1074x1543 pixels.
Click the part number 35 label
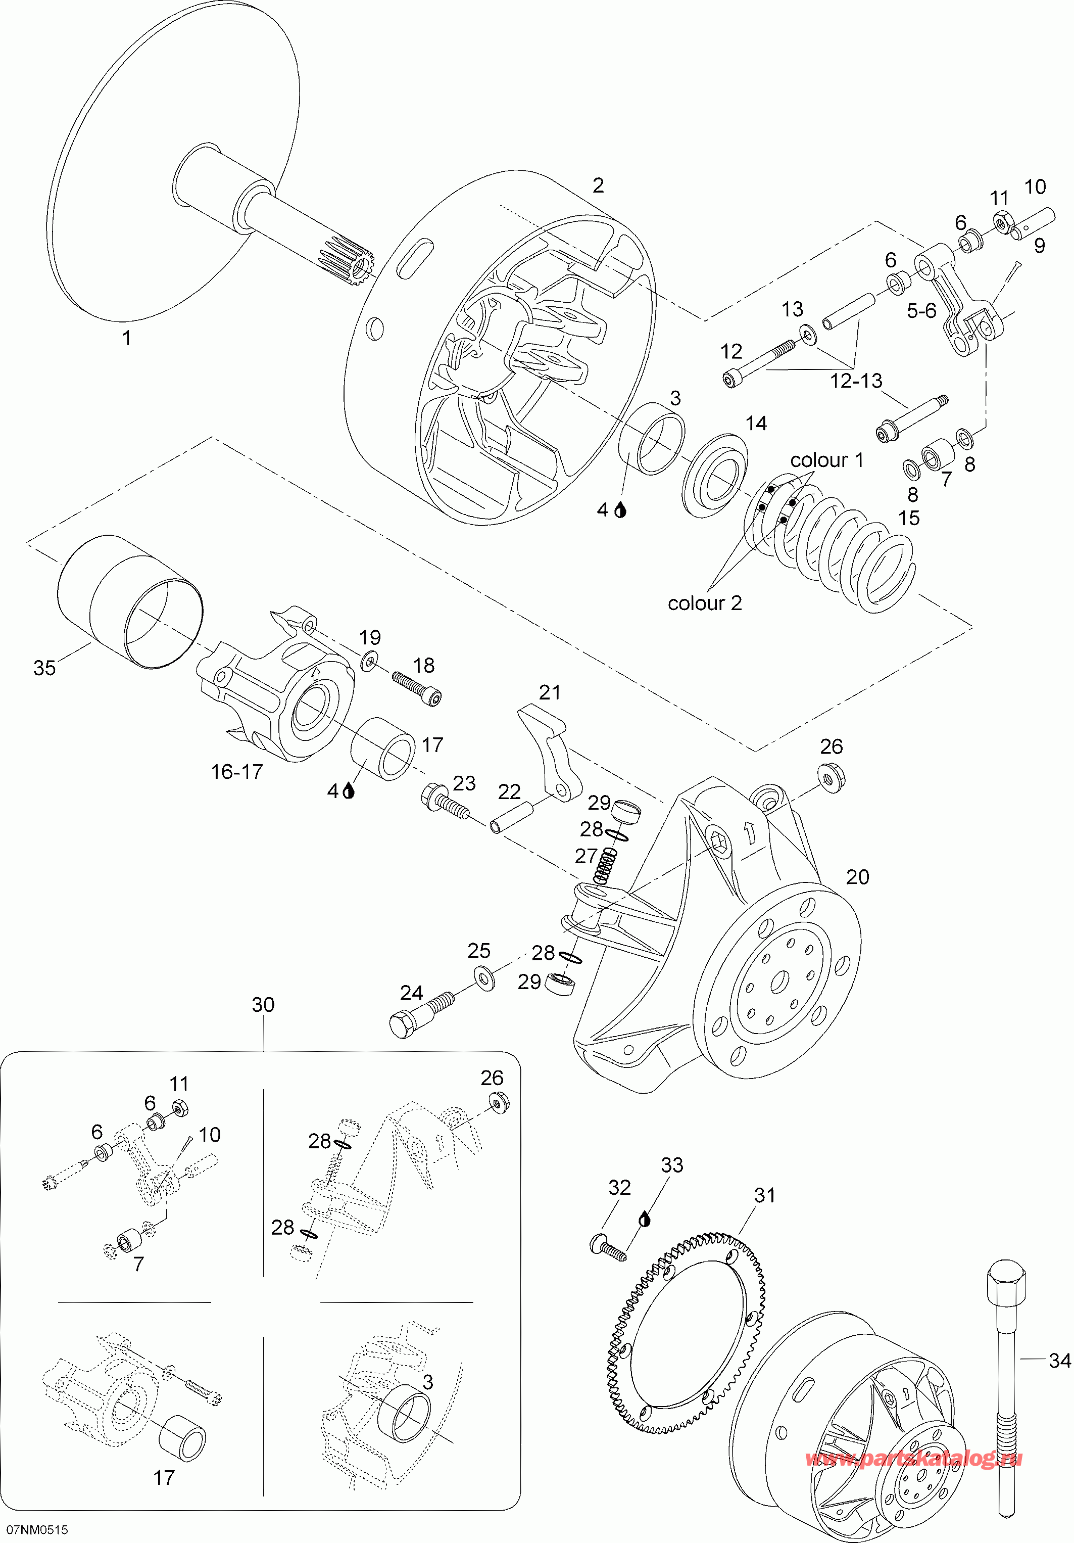44,668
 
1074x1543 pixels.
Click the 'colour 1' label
827,460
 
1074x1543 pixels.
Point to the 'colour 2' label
705,603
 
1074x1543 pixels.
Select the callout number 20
858,877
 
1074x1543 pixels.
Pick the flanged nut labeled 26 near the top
832,776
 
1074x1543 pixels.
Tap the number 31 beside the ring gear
764,1196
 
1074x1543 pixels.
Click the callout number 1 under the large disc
126,338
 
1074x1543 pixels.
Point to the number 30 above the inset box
263,1005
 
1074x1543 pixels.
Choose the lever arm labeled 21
550,752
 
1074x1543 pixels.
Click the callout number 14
756,424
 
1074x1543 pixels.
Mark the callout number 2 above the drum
598,185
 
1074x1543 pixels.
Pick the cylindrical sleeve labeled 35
130,602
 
